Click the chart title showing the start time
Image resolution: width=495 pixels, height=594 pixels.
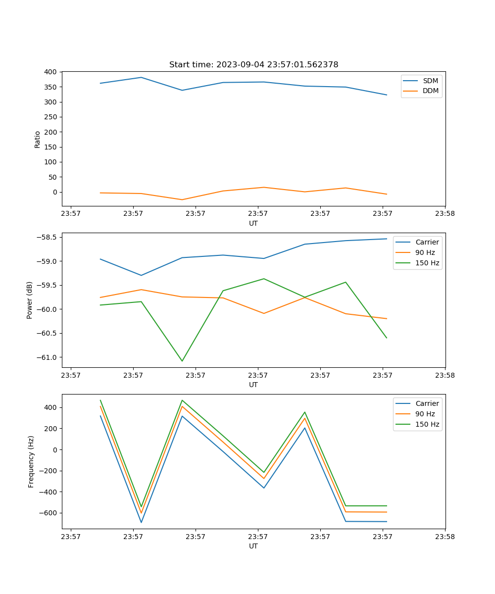coord(253,65)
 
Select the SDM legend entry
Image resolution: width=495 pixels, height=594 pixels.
coord(430,81)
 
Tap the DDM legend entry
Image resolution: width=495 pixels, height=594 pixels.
coord(430,91)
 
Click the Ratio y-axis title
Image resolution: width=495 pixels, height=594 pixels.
coord(38,139)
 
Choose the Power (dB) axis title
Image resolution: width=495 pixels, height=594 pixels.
coord(30,300)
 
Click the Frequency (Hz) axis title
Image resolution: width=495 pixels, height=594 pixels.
coord(31,461)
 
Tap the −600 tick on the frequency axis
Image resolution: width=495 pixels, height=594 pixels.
coord(49,513)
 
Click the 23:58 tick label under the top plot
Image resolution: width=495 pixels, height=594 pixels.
coord(445,214)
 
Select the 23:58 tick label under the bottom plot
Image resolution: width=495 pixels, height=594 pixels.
coord(445,537)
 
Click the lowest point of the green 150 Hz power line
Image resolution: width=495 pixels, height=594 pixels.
coord(182,361)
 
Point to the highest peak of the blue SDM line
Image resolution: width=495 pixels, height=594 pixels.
coord(141,77)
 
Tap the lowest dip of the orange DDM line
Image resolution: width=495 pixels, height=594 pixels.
coord(182,199)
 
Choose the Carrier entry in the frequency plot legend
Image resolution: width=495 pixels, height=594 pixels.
coord(427,403)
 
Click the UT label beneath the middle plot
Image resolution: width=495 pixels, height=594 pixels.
coord(253,385)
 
